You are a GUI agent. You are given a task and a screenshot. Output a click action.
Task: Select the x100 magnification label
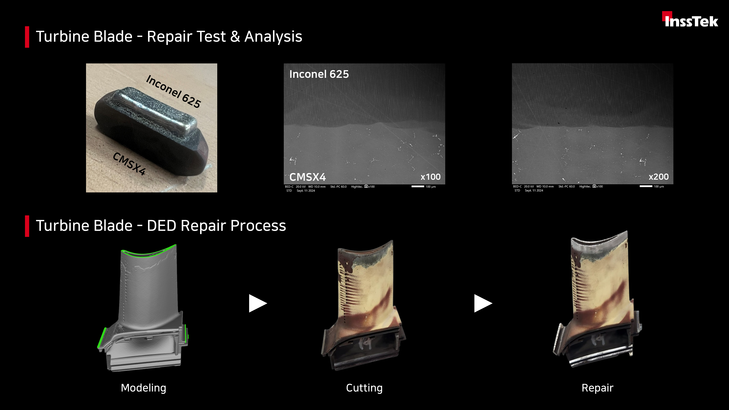pyautogui.click(x=430, y=177)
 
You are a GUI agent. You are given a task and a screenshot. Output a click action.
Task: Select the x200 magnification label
pyautogui.click(x=658, y=177)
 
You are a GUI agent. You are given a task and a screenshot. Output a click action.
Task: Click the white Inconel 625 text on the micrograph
pyautogui.click(x=319, y=74)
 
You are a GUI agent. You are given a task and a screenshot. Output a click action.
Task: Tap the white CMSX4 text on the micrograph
pyautogui.click(x=308, y=177)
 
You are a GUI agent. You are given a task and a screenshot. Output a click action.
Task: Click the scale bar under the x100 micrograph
pyautogui.click(x=418, y=186)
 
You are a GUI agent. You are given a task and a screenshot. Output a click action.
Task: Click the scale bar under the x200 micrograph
pyautogui.click(x=646, y=186)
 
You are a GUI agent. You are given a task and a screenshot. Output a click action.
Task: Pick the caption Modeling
pyautogui.click(x=143, y=388)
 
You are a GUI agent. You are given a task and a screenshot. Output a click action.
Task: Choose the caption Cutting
pyautogui.click(x=364, y=388)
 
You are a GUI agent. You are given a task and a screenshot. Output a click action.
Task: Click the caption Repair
pyautogui.click(x=597, y=388)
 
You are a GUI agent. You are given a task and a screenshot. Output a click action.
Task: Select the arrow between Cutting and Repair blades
pyautogui.click(x=483, y=303)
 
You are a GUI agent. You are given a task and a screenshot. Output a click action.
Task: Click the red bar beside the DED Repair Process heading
pyautogui.click(x=27, y=226)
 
